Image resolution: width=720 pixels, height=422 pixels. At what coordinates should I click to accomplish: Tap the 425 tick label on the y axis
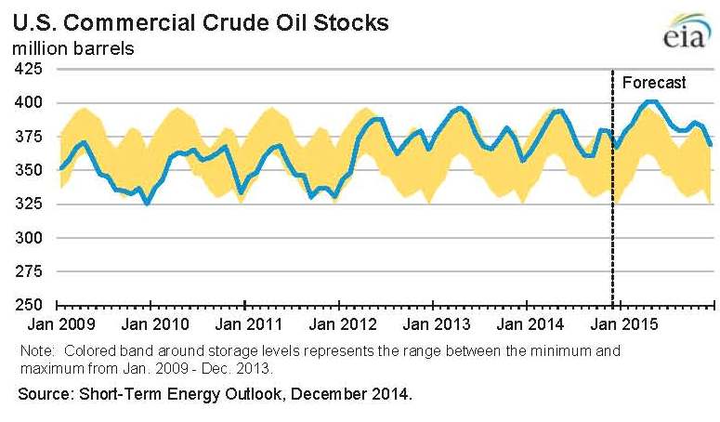(31, 69)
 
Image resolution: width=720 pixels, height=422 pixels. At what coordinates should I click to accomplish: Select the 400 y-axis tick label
(31, 102)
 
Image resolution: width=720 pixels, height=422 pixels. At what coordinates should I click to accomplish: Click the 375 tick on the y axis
(31, 137)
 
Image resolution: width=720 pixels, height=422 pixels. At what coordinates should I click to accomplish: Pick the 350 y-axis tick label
(31, 170)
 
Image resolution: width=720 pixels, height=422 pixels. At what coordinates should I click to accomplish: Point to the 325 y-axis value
(31, 204)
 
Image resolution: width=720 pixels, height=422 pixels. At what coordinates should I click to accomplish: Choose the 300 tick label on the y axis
(31, 238)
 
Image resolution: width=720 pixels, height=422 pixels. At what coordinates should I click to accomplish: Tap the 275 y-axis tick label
(31, 271)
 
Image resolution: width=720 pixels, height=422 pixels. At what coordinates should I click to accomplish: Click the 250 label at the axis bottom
(31, 305)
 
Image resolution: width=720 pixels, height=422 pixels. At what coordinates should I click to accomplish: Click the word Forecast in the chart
(654, 83)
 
